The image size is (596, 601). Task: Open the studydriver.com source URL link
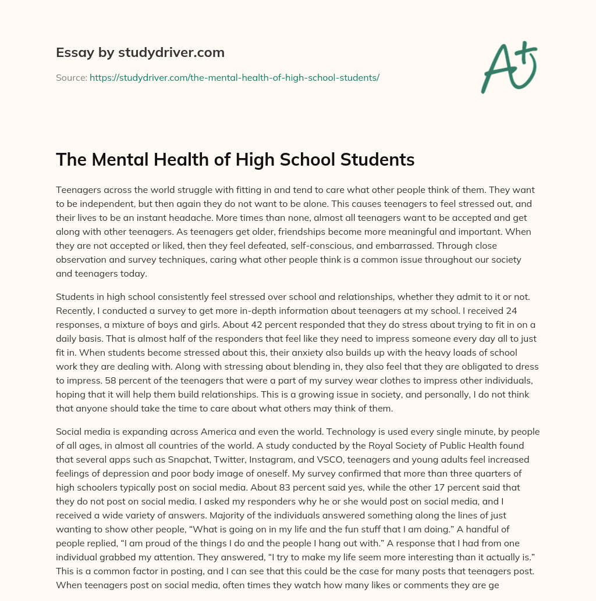(234, 77)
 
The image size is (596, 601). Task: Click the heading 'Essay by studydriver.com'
(140, 52)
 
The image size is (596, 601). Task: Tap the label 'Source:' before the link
(72, 77)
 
